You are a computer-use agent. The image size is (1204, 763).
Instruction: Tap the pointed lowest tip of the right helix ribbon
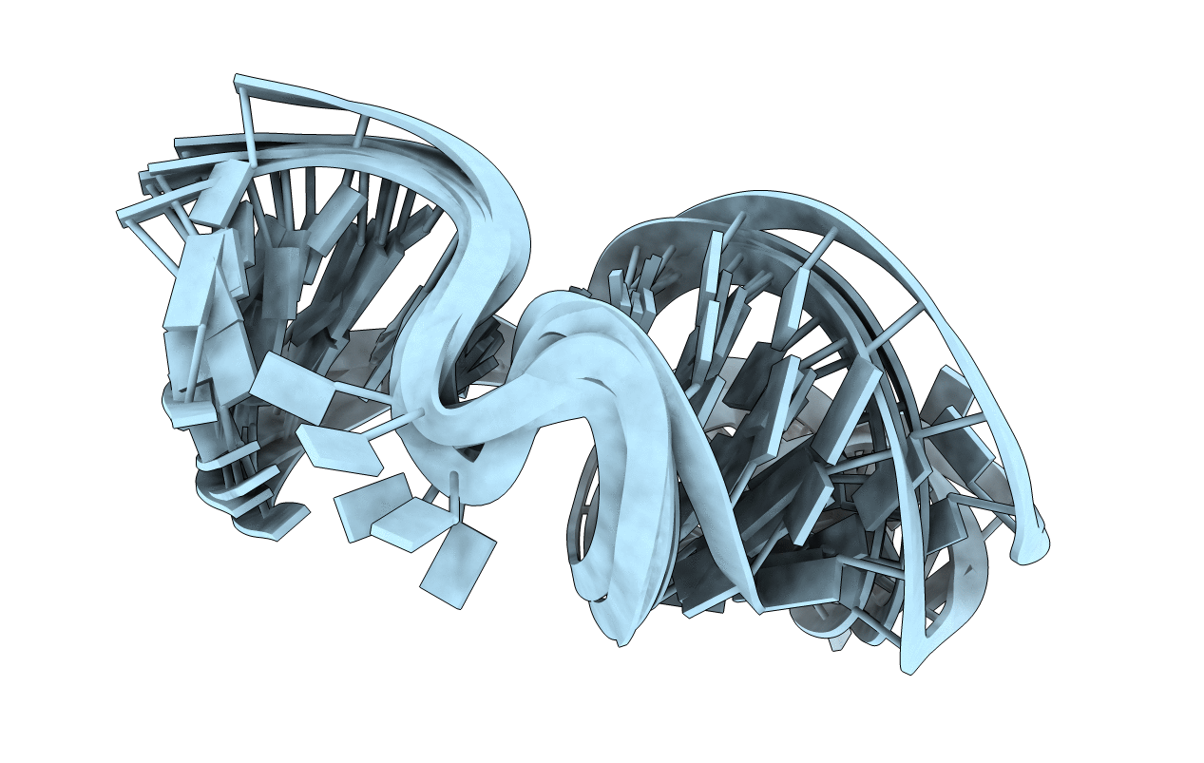(x=908, y=671)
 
